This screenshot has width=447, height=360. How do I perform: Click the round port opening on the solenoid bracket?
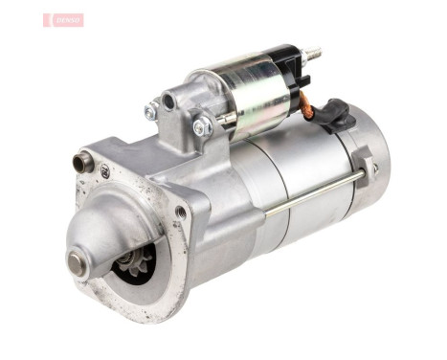(169, 100)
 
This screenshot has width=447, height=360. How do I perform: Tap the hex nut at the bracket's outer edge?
(150, 112)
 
